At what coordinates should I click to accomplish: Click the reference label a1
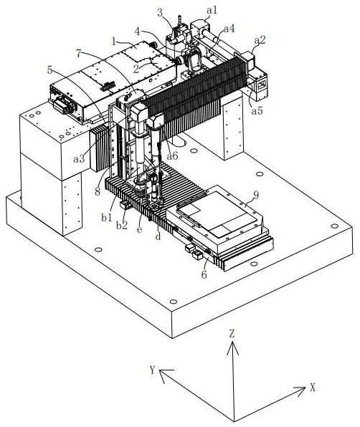pyautogui.click(x=212, y=10)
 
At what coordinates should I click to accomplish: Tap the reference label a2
pyautogui.click(x=260, y=40)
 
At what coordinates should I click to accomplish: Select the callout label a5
pyautogui.click(x=257, y=111)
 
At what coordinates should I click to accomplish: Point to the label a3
pyautogui.click(x=79, y=158)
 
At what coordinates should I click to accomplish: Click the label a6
pyautogui.click(x=172, y=155)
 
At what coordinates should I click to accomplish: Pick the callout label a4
pyautogui.click(x=229, y=29)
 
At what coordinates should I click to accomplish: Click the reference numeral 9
pyautogui.click(x=256, y=195)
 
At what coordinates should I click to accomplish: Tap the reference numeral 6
pyautogui.click(x=204, y=274)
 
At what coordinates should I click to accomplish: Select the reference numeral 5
pyautogui.click(x=49, y=69)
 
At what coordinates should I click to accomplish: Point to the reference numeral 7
pyautogui.click(x=78, y=53)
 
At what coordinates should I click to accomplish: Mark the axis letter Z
pyautogui.click(x=232, y=334)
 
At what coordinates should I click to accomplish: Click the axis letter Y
pyautogui.click(x=152, y=370)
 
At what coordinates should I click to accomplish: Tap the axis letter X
pyautogui.click(x=312, y=388)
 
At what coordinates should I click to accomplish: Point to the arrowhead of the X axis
pyautogui.click(x=304, y=388)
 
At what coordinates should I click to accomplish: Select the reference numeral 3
pyautogui.click(x=160, y=12)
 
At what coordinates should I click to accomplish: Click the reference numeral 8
pyautogui.click(x=98, y=192)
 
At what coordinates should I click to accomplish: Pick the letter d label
pyautogui.click(x=158, y=236)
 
